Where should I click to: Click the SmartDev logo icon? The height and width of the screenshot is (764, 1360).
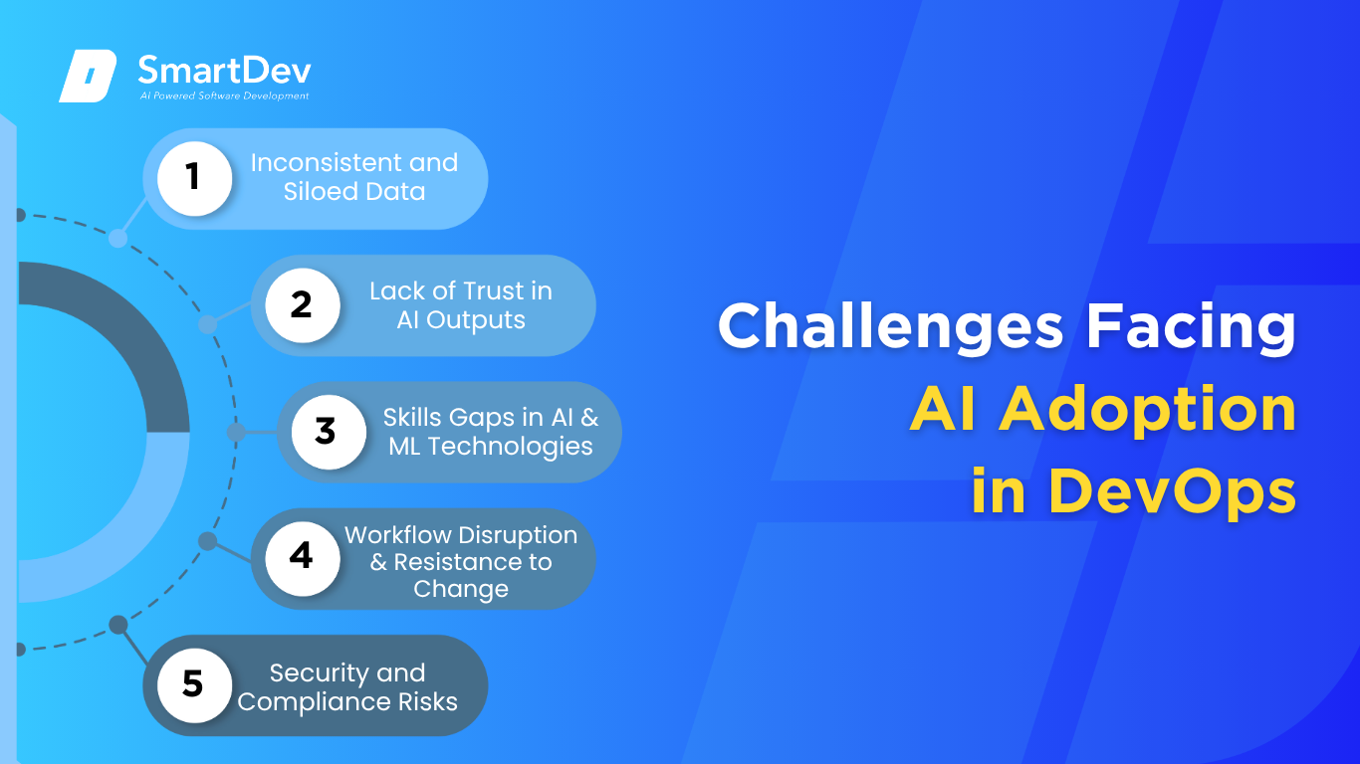88,76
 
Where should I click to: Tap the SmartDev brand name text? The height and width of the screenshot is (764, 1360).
224,71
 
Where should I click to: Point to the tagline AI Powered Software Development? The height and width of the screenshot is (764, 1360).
224,95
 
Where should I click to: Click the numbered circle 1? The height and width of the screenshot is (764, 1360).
194,178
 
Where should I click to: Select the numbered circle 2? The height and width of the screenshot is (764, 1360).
303,305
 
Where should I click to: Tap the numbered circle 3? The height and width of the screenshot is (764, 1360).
329,432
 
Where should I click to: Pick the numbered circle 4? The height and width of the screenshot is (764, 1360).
303,558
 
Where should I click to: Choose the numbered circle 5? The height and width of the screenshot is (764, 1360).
194,685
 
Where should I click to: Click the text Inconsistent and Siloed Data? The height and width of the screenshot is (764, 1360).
354,177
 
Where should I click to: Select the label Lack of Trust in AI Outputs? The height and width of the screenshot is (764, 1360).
461,305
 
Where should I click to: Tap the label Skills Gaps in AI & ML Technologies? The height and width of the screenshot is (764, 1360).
491,432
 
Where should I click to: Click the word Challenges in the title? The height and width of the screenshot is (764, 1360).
891,327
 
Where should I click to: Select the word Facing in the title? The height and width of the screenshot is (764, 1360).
1191,327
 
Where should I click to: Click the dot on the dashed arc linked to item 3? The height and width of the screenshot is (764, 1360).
236,432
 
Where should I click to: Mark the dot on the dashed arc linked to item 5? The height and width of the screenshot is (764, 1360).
118,625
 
